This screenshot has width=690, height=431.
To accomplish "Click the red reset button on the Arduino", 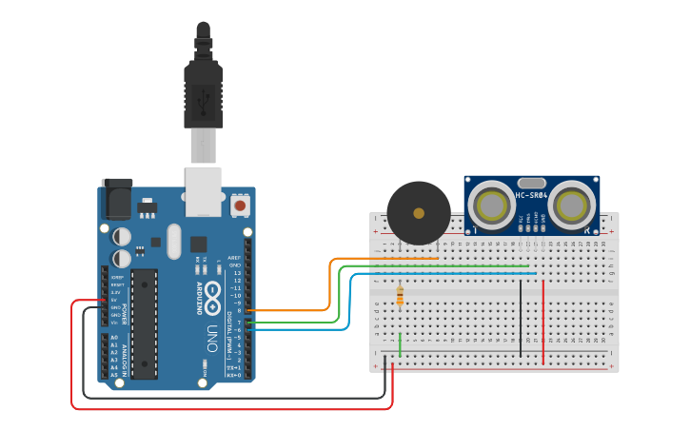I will point(240,205).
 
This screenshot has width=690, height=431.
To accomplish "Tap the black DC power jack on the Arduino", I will point(116,199).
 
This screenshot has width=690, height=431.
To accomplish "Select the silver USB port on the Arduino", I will point(203,189).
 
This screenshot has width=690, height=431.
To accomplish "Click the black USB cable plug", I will point(203,95).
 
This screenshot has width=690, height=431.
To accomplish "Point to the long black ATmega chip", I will point(144,323).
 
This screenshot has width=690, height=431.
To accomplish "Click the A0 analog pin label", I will point(114,338).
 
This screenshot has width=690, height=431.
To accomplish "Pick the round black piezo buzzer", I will point(419,213).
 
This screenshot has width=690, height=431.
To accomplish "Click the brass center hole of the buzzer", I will point(419,213).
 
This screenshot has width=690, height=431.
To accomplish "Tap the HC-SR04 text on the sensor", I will point(531,196).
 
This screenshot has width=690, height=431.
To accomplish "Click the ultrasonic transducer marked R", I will point(571,206).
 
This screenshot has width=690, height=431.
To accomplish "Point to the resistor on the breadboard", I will point(400,297).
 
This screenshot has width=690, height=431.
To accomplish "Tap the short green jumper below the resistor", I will point(400,344).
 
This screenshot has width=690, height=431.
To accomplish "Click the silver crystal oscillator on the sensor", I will point(531,183).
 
